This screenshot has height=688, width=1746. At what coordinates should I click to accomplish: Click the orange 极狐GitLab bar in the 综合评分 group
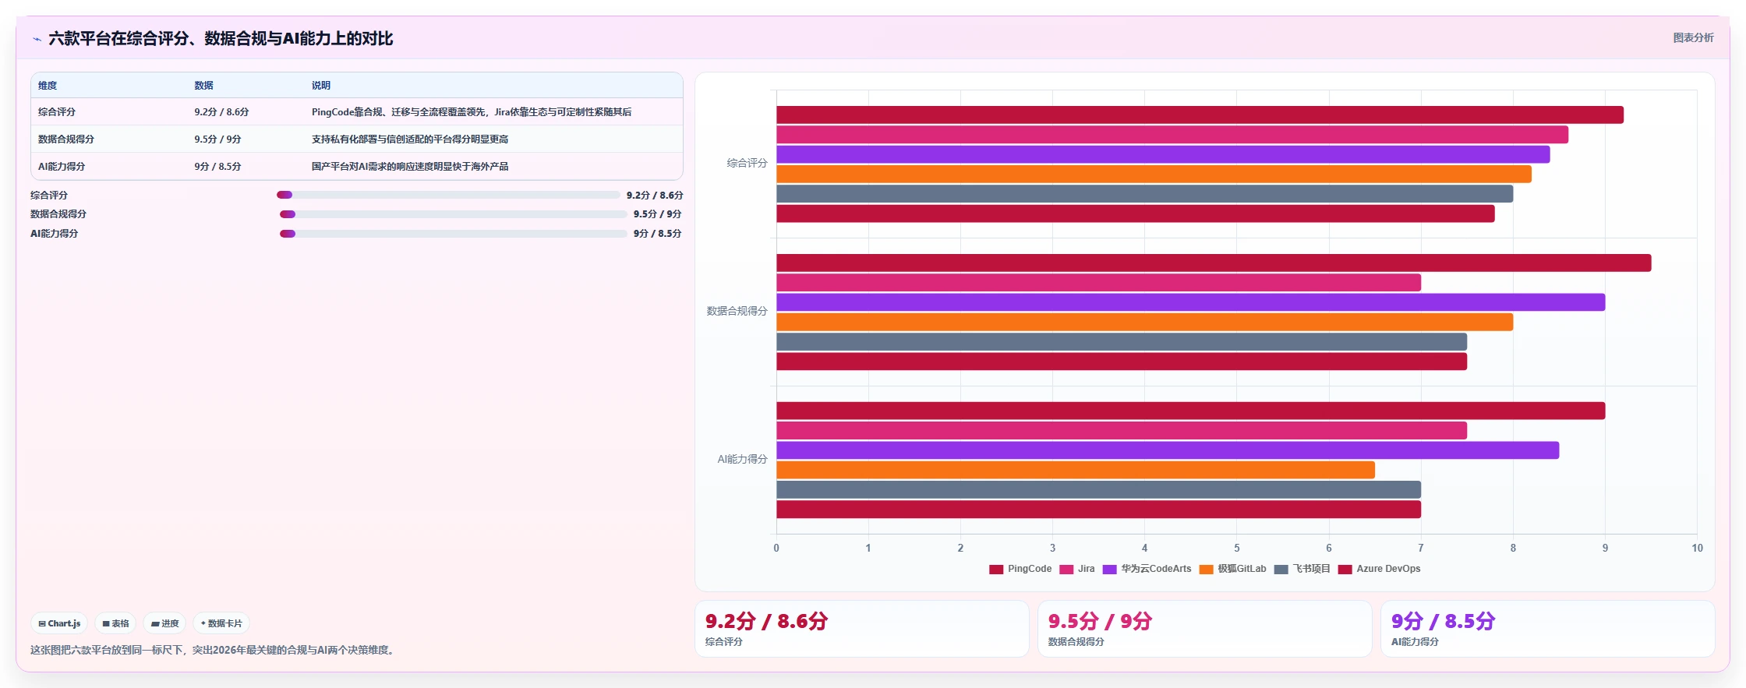(1154, 174)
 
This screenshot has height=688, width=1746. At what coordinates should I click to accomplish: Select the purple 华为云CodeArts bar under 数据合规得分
(1190, 302)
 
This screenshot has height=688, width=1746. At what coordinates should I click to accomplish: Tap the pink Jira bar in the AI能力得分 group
(1122, 431)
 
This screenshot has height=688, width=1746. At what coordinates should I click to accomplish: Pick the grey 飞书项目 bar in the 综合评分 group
(1144, 194)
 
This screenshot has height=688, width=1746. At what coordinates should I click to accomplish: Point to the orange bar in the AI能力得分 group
(1076, 470)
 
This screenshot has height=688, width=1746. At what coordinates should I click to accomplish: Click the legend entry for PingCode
(1020, 569)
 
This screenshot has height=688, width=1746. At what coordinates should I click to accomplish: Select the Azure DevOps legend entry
(1379, 569)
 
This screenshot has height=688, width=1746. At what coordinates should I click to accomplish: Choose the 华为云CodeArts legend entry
(1147, 569)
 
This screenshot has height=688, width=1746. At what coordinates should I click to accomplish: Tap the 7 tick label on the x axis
(1421, 548)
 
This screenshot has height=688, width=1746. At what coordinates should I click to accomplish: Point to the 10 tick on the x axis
(1697, 548)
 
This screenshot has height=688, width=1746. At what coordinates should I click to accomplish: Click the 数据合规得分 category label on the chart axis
(737, 311)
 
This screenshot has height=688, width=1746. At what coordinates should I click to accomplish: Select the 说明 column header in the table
(321, 86)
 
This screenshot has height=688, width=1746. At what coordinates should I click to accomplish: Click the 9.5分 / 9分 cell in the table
(217, 139)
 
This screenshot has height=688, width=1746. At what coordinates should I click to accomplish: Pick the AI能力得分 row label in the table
(62, 167)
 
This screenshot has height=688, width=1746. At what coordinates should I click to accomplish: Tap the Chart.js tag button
(59, 623)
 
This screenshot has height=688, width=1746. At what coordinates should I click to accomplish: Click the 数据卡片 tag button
(221, 623)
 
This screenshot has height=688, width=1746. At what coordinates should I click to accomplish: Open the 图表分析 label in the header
(1693, 37)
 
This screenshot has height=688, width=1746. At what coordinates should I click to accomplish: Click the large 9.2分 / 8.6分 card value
(766, 621)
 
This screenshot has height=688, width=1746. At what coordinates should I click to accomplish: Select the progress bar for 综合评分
(448, 195)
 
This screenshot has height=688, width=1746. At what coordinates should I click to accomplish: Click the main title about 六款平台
(221, 38)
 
